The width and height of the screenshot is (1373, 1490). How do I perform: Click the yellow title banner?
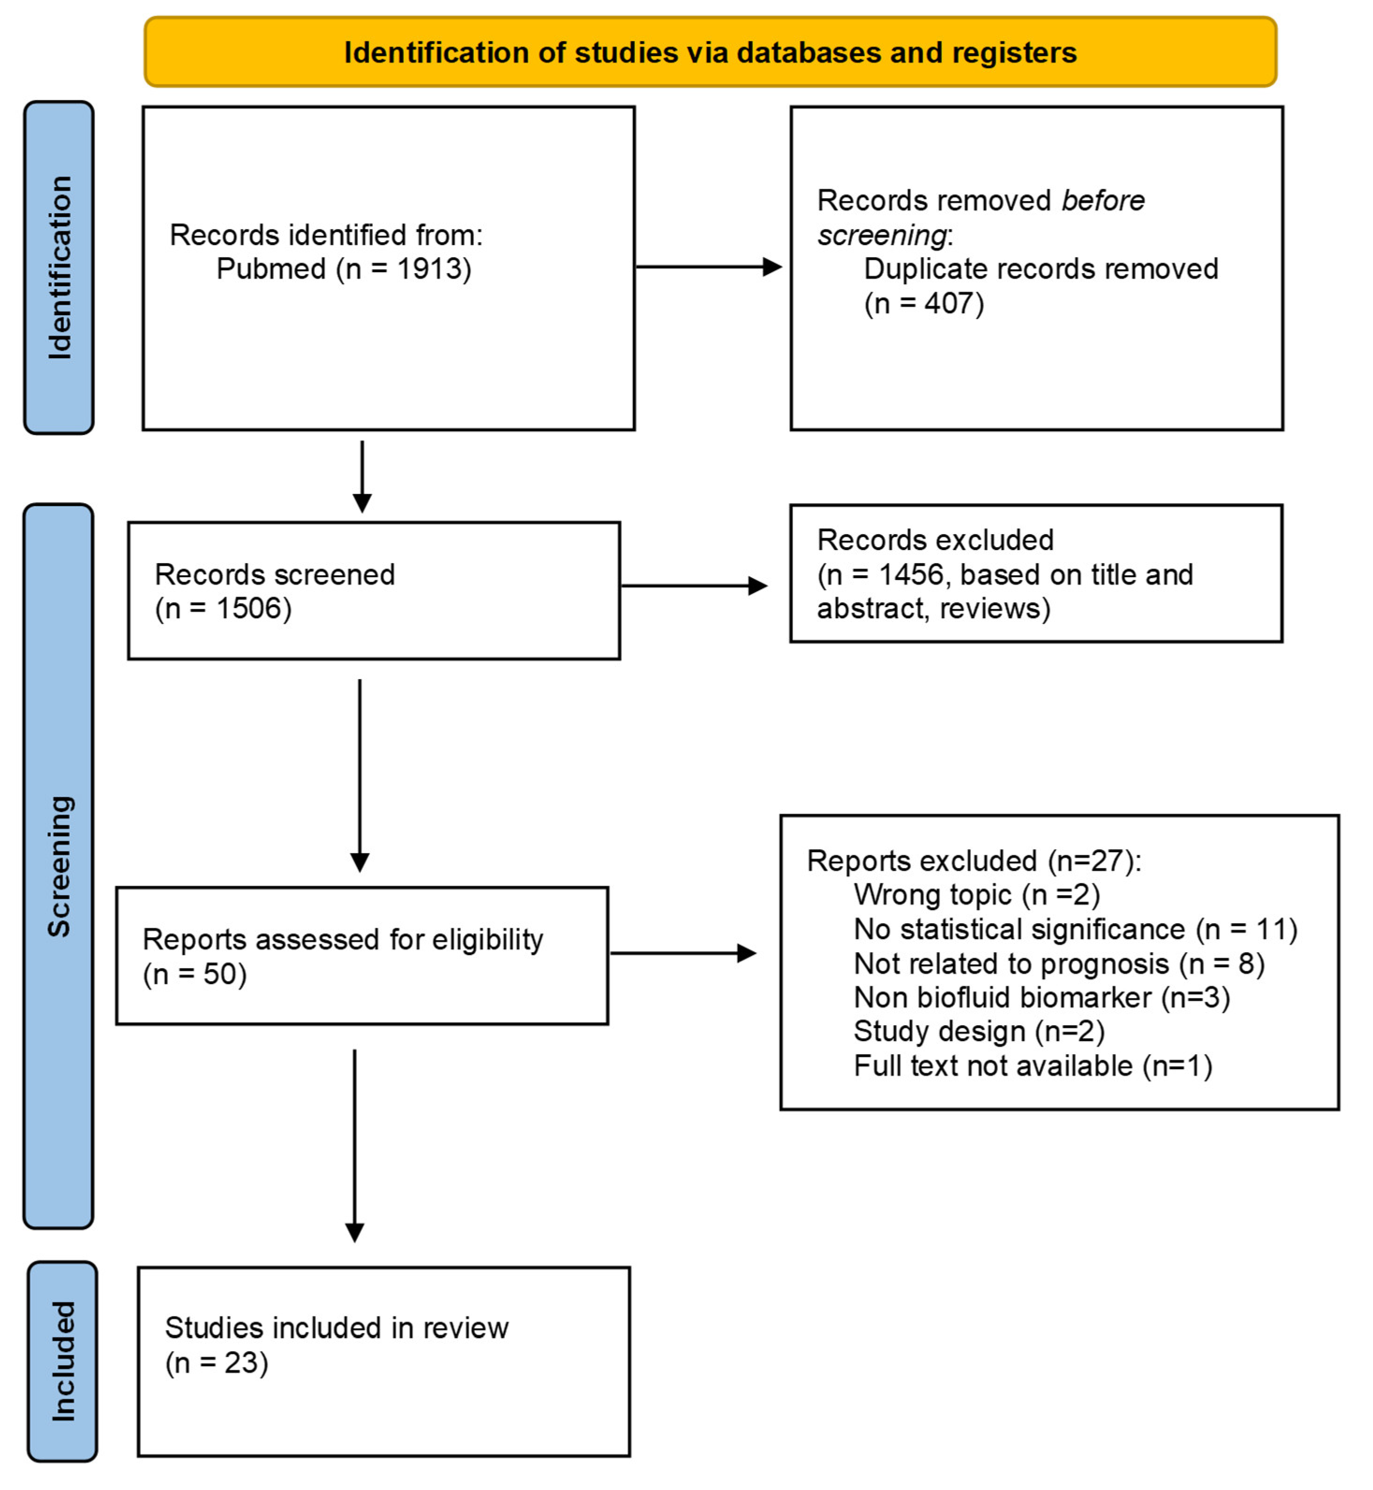710,52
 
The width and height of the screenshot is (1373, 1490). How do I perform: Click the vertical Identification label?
59,268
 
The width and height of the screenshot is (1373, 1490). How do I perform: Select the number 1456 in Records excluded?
911,574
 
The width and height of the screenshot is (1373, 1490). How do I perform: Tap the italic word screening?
882,235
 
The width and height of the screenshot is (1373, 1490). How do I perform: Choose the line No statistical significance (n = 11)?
1075,929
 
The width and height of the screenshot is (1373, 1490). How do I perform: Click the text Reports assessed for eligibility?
342,940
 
